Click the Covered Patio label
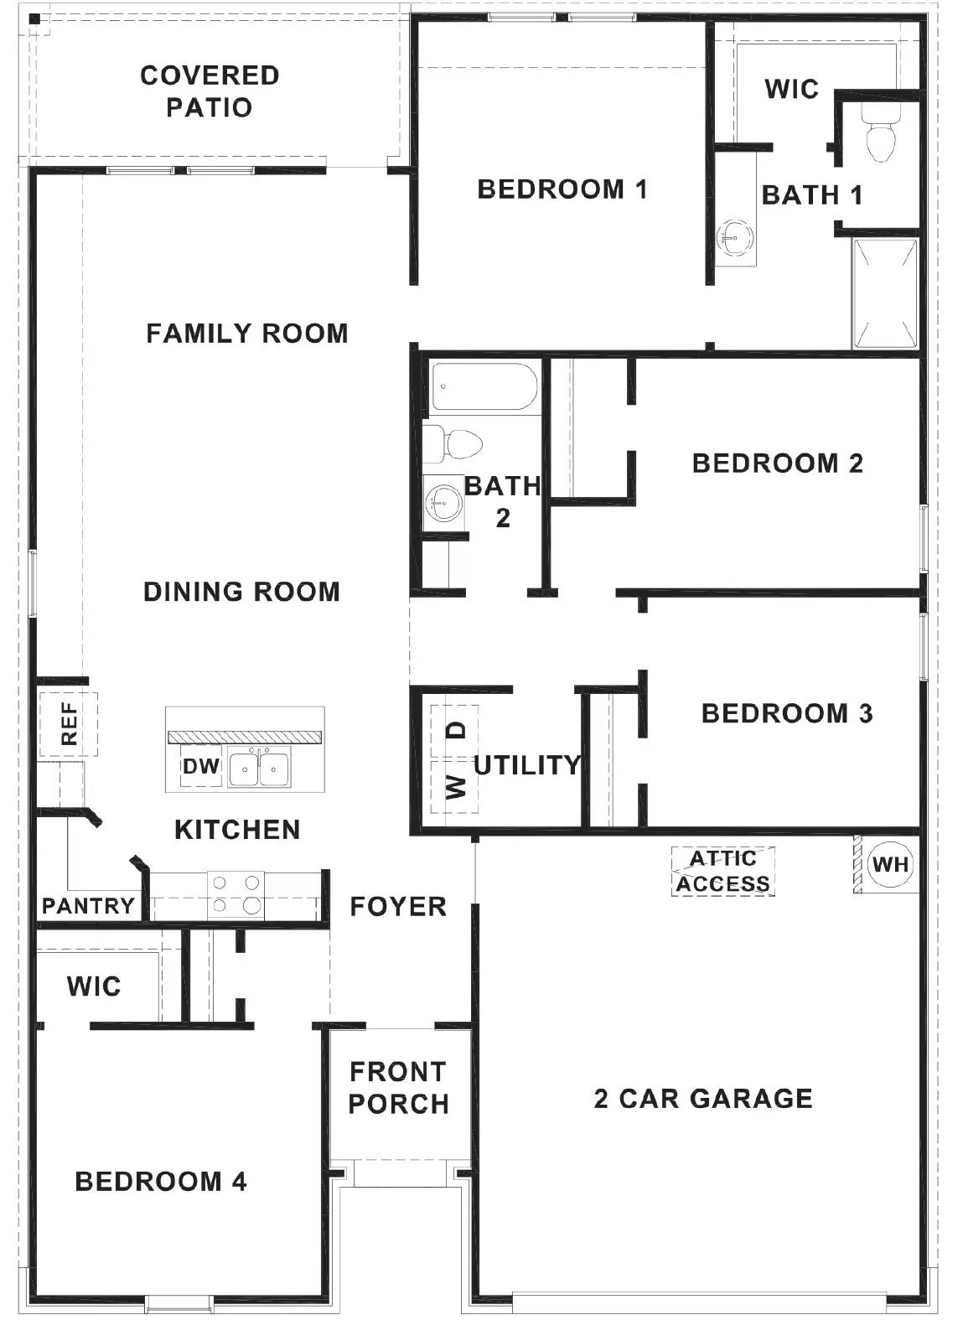[210, 91]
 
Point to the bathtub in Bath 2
[484, 386]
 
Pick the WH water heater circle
[890, 864]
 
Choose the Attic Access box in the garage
[723, 871]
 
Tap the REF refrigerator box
[69, 724]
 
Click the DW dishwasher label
[201, 766]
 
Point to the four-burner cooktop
[236, 894]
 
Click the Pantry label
[89, 906]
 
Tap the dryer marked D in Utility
[454, 731]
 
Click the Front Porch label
[398, 1087]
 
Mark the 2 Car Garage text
[703, 1098]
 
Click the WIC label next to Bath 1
[791, 89]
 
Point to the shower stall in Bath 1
[884, 294]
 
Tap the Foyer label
[398, 906]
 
